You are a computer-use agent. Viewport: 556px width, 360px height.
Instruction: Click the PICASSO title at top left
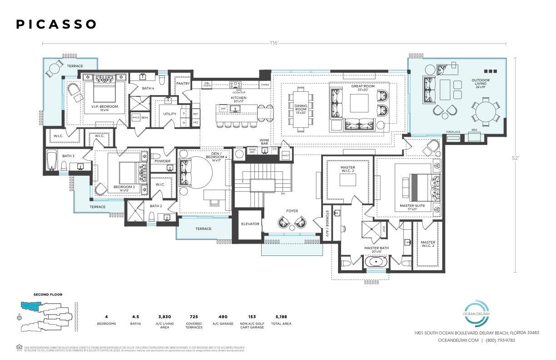[56, 25]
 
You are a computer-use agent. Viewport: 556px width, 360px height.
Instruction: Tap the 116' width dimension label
[273, 44]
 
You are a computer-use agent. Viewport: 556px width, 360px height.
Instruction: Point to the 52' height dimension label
[515, 158]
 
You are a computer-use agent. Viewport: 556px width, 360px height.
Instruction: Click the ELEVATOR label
[250, 224]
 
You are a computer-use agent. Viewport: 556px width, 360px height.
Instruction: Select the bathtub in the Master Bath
[377, 262]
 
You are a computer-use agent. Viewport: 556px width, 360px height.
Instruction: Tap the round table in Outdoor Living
[485, 110]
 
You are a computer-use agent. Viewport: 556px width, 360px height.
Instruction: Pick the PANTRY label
[183, 84]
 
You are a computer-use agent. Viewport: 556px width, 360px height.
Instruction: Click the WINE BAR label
[264, 142]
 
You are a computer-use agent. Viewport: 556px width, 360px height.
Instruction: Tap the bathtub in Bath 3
[51, 161]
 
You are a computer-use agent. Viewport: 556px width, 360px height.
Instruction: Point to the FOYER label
[292, 211]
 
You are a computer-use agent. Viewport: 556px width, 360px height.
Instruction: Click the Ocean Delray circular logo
[476, 313]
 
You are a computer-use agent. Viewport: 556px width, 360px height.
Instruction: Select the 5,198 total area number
[280, 317]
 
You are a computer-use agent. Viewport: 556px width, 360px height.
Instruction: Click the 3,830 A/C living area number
[164, 317]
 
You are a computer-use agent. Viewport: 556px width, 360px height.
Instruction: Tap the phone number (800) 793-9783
[500, 340]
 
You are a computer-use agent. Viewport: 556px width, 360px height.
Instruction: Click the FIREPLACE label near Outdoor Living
[453, 132]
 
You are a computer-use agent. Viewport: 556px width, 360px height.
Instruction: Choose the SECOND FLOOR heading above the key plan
[48, 295]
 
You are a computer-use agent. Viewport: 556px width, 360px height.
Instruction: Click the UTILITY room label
[169, 114]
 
